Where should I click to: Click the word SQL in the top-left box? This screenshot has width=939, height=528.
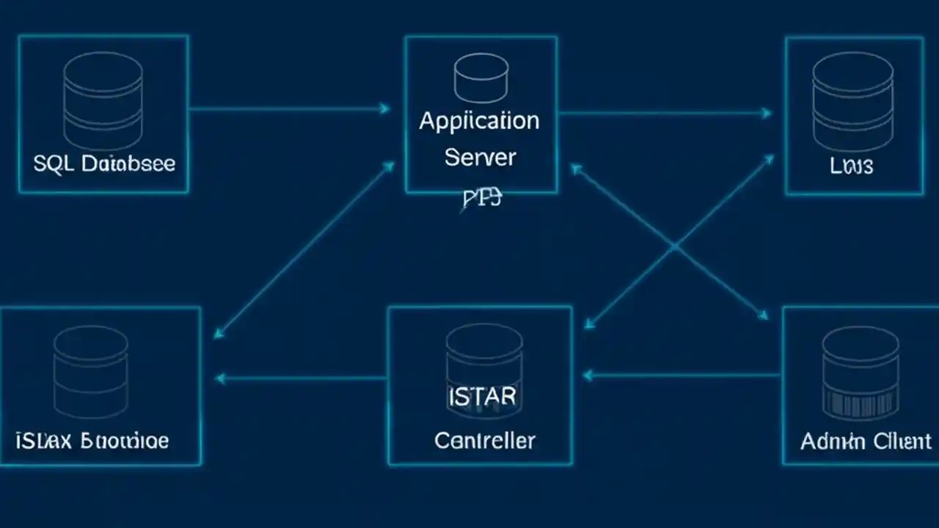53,163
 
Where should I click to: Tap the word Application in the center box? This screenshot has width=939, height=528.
479,121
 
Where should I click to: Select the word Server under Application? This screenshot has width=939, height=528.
480,157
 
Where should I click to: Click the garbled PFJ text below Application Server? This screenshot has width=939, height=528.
481,198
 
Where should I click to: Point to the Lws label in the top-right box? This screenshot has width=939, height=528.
852,166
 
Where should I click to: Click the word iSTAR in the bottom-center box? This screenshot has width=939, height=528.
482,397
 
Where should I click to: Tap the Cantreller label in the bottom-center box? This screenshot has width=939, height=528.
484,441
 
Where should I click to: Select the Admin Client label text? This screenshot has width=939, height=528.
866,441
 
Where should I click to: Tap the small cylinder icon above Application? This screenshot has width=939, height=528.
481,77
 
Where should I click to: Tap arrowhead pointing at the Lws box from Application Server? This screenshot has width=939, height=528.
766,113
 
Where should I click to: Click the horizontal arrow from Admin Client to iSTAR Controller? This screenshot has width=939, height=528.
682,375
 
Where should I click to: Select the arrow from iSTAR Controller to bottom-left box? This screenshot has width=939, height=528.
301,378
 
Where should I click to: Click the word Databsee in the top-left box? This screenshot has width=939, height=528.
128,163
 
